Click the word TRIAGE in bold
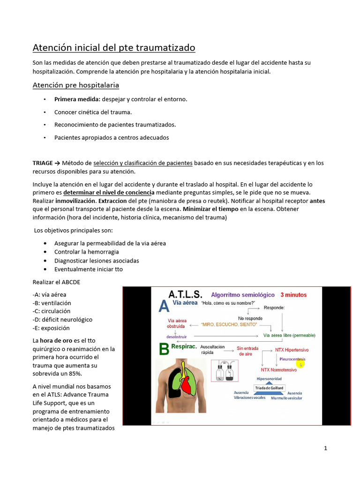(43, 163)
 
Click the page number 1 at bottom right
(325, 448)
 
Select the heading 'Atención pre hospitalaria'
(75, 85)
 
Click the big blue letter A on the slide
(164, 307)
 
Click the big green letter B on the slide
(164, 349)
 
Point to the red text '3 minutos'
(293, 295)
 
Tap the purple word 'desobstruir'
(176, 336)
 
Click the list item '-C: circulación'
(52, 311)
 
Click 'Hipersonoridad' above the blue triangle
(269, 379)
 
